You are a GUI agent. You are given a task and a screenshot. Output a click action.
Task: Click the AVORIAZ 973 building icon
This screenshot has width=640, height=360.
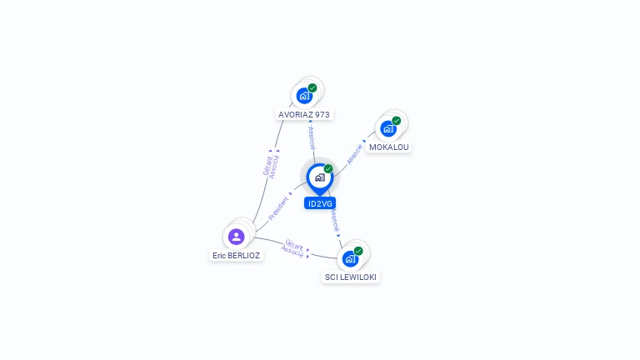pyautogui.click(x=304, y=96)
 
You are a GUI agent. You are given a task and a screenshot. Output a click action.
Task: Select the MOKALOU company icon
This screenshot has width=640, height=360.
pyautogui.click(x=388, y=128)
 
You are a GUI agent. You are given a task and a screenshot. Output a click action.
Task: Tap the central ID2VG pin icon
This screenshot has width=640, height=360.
pyautogui.click(x=319, y=177)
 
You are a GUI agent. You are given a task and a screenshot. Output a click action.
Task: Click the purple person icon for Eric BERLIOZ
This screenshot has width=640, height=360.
pyautogui.click(x=236, y=237)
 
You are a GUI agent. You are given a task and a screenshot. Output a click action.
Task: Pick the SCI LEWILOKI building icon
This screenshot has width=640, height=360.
pyautogui.click(x=351, y=258)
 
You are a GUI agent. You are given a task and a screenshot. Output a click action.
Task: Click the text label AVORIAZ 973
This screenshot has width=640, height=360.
pyautogui.click(x=304, y=114)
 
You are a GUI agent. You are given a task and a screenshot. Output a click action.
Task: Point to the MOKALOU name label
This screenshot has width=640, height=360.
pyautogui.click(x=389, y=147)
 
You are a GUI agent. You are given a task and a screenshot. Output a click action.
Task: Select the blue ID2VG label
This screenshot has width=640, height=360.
pyautogui.click(x=320, y=203)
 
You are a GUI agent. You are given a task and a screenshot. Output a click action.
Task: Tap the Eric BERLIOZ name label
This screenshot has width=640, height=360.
pyautogui.click(x=236, y=256)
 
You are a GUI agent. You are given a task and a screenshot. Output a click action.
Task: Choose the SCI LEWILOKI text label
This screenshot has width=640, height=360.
pyautogui.click(x=351, y=277)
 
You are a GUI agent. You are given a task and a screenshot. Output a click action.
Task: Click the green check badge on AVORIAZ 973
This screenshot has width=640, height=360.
pyautogui.click(x=312, y=87)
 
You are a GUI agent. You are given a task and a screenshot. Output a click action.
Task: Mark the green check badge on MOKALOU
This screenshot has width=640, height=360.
pyautogui.click(x=397, y=121)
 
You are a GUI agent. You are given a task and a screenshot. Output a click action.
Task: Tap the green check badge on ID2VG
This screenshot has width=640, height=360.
pyautogui.click(x=328, y=168)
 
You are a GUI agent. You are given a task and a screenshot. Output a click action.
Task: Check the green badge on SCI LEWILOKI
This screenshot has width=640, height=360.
pyautogui.click(x=358, y=251)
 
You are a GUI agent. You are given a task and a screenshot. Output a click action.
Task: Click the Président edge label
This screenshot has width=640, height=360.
pyautogui.click(x=279, y=208)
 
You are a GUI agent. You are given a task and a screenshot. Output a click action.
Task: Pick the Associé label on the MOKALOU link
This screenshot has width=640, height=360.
pyautogui.click(x=354, y=153)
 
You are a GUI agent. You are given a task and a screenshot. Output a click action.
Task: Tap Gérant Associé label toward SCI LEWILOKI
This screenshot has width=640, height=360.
pyautogui.click(x=293, y=247)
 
